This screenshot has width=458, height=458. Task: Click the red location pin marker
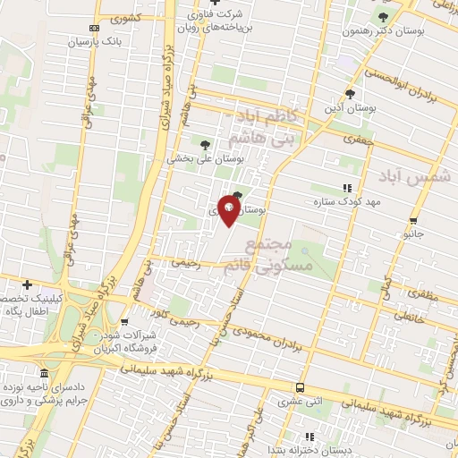229,211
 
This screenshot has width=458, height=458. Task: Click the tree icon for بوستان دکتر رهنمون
384,17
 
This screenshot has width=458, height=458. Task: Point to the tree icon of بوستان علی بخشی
206,143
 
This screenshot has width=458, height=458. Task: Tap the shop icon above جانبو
412,220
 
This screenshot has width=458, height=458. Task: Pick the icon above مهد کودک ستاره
346,188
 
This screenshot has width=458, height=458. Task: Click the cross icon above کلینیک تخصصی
28,284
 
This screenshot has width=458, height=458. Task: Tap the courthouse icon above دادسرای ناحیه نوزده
45,373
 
